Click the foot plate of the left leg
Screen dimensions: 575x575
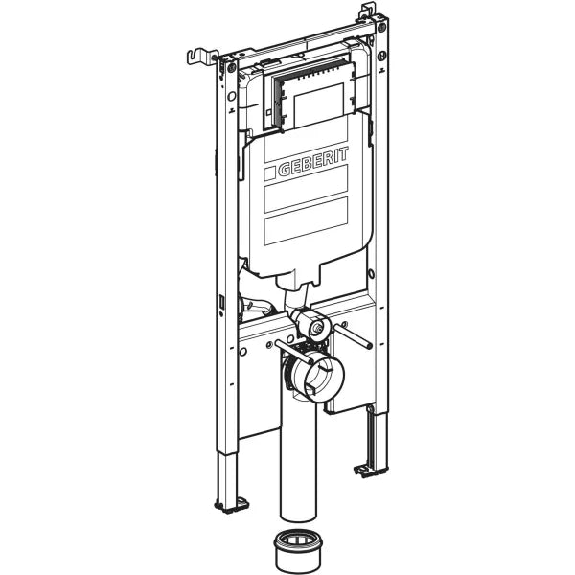[x=230, y=502]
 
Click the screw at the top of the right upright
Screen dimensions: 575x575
[x=381, y=30]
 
